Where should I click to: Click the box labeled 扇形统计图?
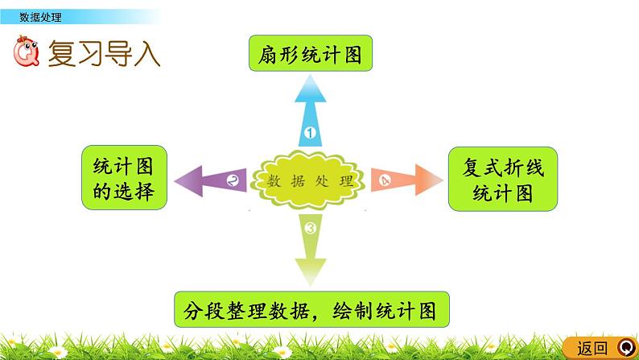(x=310, y=55)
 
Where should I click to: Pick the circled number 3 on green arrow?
(x=311, y=229)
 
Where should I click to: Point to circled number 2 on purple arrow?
(x=233, y=180)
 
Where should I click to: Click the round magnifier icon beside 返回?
(x=623, y=348)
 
